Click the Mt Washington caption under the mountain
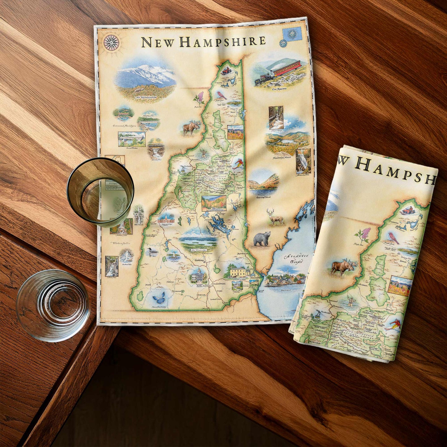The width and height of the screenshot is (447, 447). pyautogui.click(x=146, y=97)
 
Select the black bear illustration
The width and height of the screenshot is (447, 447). pyautogui.click(x=262, y=239)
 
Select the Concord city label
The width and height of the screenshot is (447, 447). pyautogui.click(x=199, y=261)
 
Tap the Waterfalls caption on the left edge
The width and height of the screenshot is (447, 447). pyautogui.click(x=120, y=243)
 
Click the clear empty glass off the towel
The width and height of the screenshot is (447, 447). pyautogui.click(x=53, y=305)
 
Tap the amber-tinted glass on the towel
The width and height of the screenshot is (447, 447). pyautogui.click(x=101, y=191)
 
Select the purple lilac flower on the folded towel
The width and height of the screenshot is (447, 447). pyautogui.click(x=366, y=234)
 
